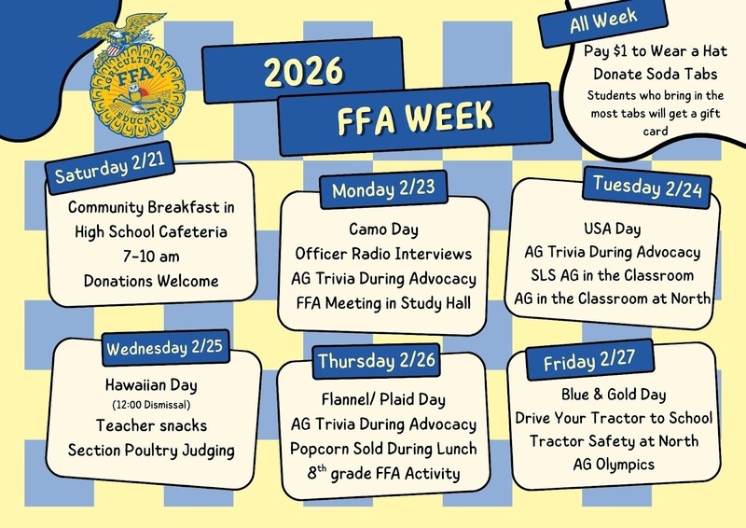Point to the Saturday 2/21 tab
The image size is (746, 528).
tap(110, 172)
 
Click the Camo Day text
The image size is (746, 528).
tap(383, 229)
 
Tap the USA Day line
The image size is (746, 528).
tap(612, 227)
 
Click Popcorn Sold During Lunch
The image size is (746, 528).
tap(384, 449)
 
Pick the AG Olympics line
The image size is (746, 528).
tap(615, 464)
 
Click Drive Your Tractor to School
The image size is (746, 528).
tap(615, 417)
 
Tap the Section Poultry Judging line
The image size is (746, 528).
tap(150, 450)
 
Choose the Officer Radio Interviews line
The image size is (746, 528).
tap(383, 254)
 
